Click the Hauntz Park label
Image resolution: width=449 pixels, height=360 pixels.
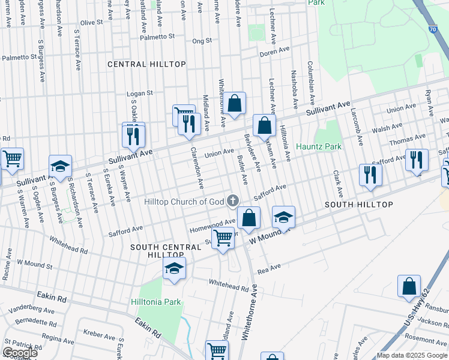(318, 146)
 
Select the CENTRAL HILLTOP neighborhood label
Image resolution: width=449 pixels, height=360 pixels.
(146, 64)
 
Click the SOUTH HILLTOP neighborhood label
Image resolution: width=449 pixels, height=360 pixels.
(359, 205)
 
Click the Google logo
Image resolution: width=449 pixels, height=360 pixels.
(20, 353)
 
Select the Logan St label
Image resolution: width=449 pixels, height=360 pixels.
(140, 94)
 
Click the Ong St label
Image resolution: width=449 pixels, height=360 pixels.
(202, 41)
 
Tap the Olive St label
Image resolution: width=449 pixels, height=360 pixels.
(92, 22)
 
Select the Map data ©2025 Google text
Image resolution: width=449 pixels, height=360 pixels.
(412, 355)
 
